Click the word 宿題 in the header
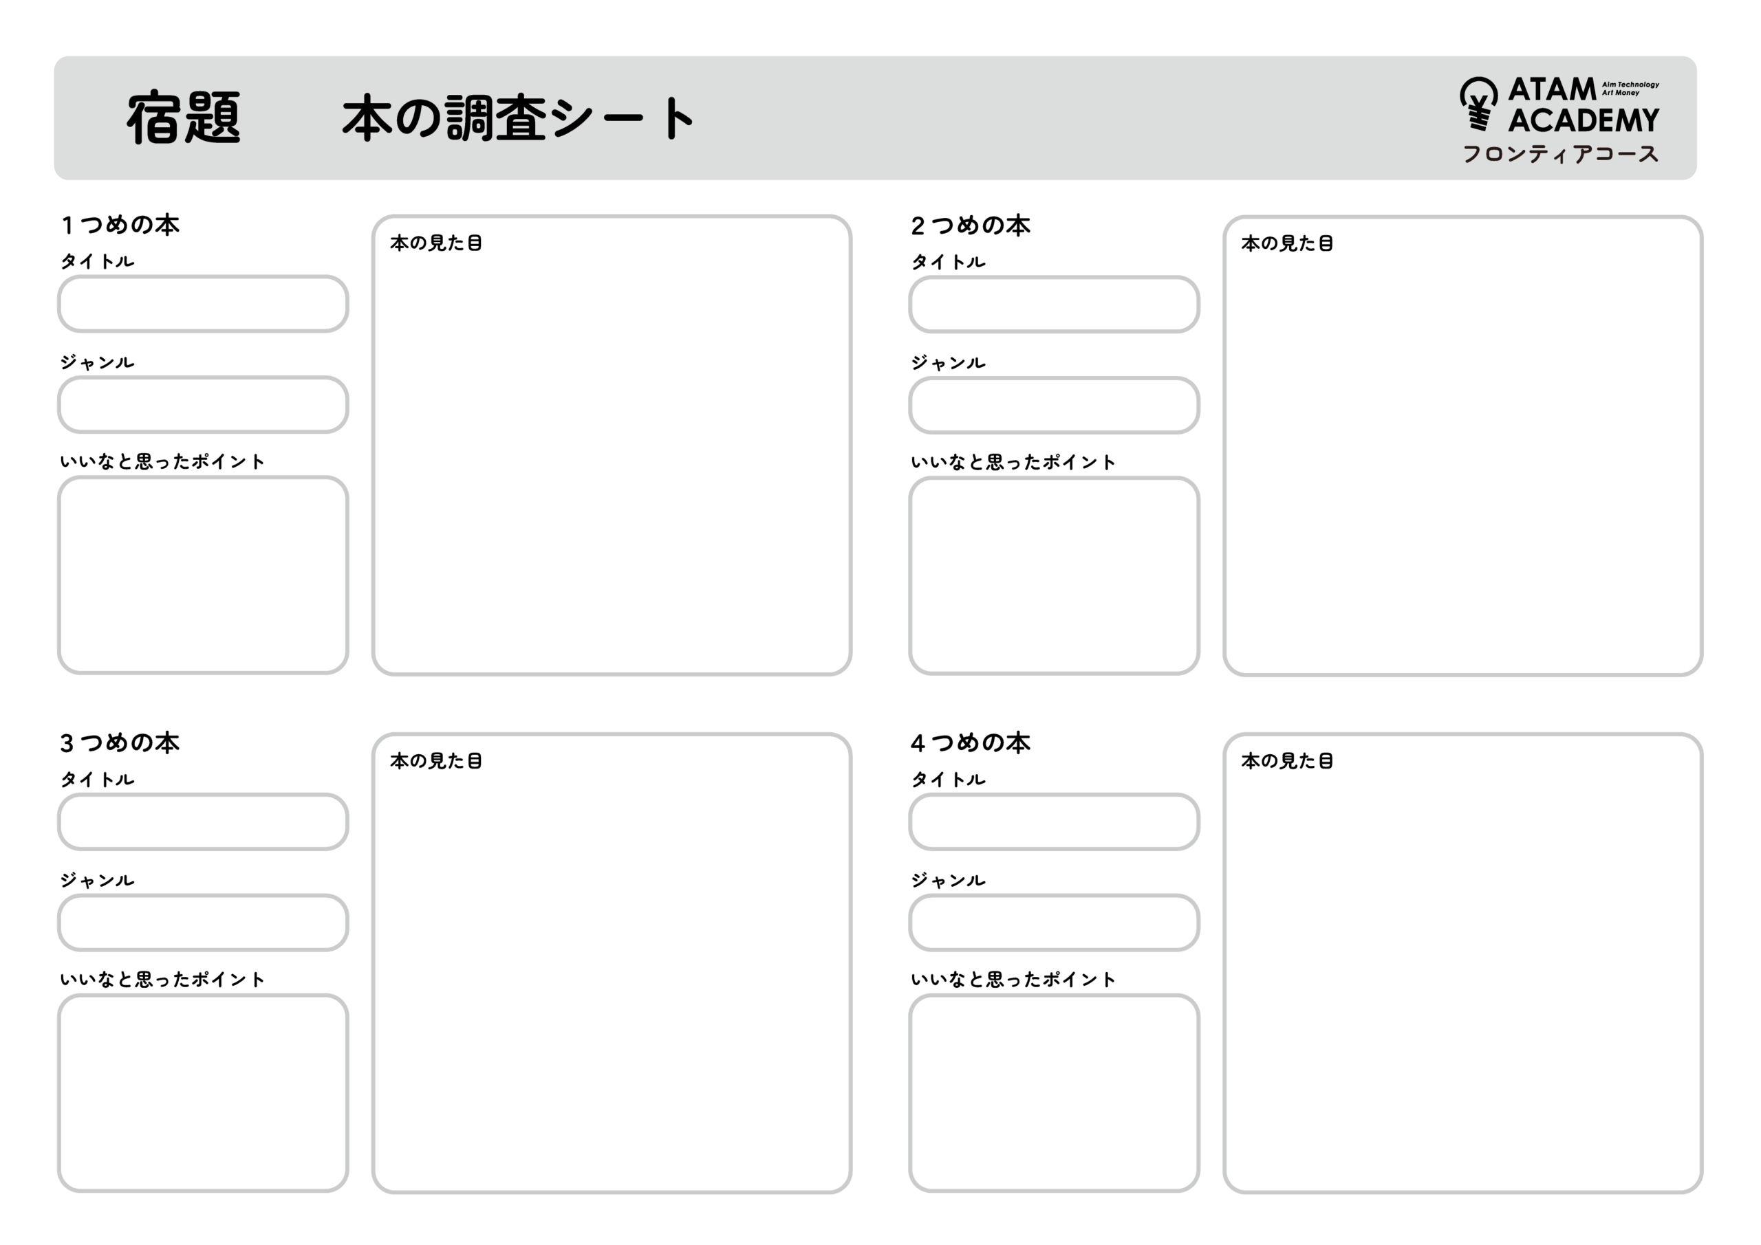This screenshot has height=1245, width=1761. (x=184, y=118)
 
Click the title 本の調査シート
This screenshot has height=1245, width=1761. (x=519, y=118)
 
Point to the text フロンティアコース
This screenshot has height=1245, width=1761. (x=1560, y=154)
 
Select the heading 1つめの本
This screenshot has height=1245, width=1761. (x=120, y=225)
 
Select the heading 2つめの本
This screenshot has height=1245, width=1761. (x=970, y=226)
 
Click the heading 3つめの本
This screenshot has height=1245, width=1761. (x=120, y=743)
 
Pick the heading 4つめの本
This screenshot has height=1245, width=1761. (x=970, y=743)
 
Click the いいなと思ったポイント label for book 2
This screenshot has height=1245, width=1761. (x=1013, y=462)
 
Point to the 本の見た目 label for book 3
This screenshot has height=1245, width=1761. (x=435, y=761)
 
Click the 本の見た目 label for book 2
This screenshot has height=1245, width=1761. (x=1287, y=244)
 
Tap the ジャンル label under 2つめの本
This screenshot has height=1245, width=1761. (x=948, y=362)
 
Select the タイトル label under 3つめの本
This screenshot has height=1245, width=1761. (x=98, y=780)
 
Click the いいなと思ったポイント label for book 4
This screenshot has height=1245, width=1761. (x=1013, y=980)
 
